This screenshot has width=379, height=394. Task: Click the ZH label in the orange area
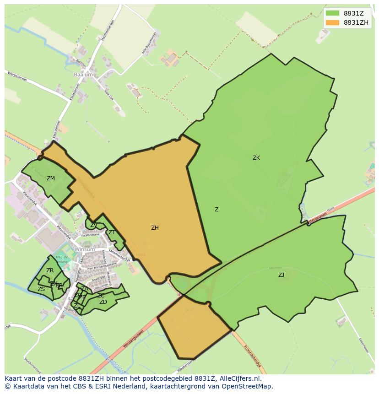[x=155, y=227]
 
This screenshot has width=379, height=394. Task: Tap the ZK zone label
[x=256, y=158]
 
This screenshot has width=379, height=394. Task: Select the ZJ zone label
[x=281, y=275]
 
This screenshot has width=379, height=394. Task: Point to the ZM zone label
[x=50, y=178]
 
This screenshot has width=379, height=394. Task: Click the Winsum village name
[x=84, y=249]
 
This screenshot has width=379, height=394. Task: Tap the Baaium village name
[x=83, y=74]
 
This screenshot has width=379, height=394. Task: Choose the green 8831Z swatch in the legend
[x=332, y=14]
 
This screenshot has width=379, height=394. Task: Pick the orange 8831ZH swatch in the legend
[x=332, y=23]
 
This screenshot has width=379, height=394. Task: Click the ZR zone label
[x=50, y=270]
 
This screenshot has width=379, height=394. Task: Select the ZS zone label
[x=41, y=289]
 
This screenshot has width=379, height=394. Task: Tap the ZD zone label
[x=103, y=302]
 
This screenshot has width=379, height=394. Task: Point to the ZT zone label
[x=112, y=232]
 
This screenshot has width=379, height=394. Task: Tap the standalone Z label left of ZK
[x=217, y=210]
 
